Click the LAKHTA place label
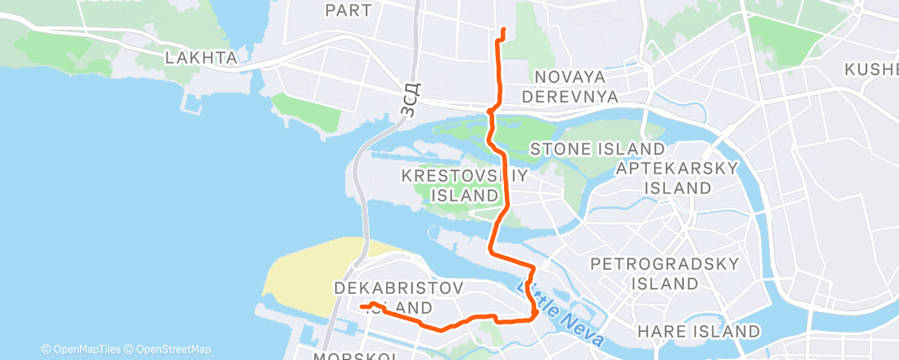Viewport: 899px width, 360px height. tap(202, 58)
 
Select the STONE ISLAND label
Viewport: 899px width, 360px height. tap(597, 149)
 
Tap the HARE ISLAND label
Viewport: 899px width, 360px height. tap(699, 331)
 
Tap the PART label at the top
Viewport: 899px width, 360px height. tap(349, 11)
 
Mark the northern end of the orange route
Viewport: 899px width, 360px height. tap(503, 31)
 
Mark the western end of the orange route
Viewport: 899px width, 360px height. tap(361, 307)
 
